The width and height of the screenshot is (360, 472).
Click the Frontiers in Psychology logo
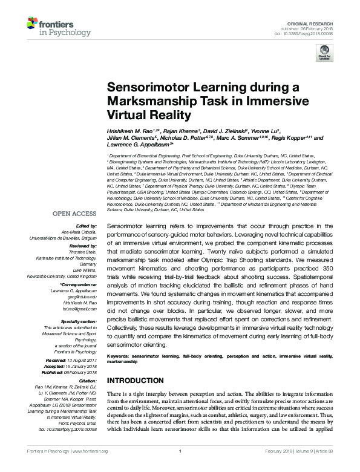click(x=49, y=27)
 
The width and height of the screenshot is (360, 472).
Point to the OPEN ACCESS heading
click(x=74, y=214)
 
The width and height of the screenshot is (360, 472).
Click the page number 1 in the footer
click(x=180, y=468)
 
